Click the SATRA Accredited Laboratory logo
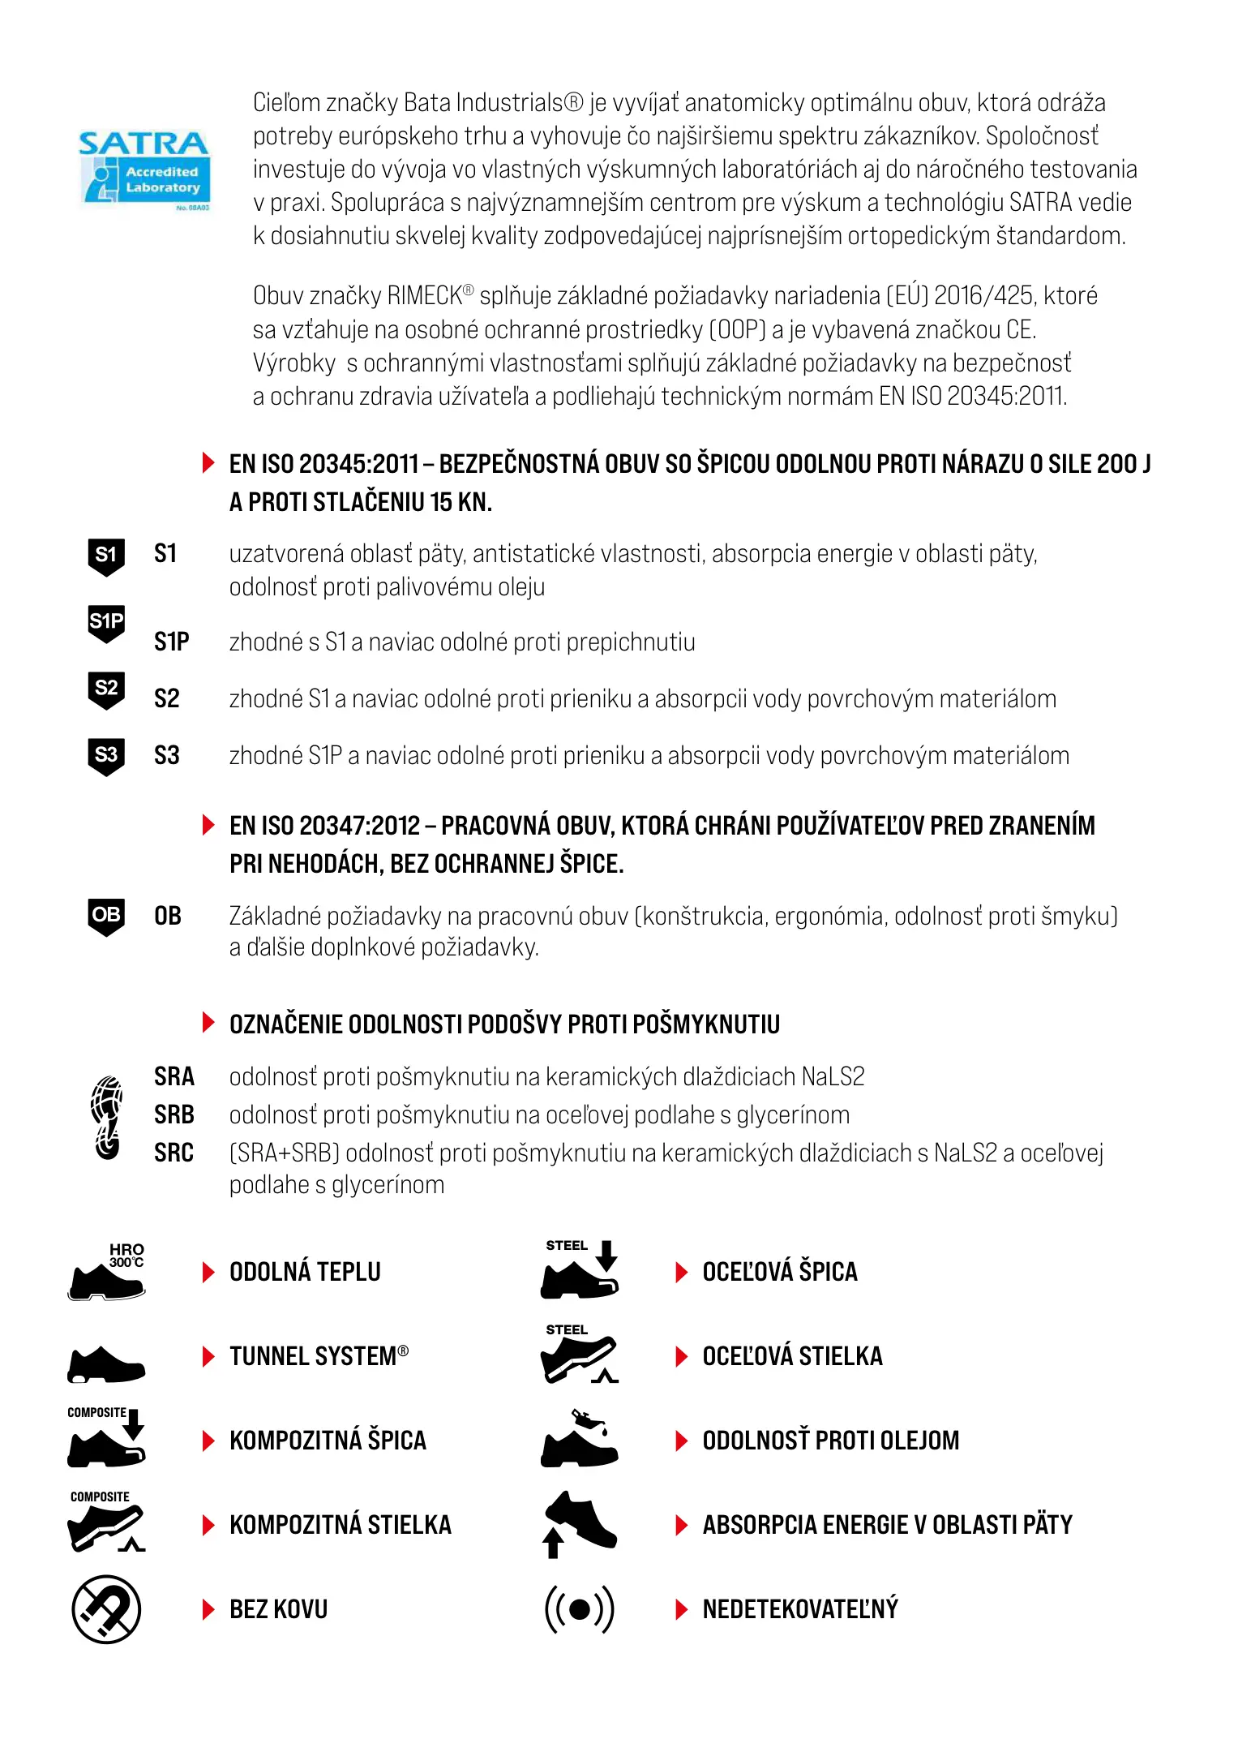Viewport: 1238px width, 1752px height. click(144, 171)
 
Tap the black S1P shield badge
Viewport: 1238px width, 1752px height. click(106, 624)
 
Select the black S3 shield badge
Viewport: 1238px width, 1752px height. click(106, 756)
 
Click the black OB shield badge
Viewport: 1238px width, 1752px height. click(106, 916)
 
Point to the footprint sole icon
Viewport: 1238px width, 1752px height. click(107, 1117)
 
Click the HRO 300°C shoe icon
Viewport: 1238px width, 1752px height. click(107, 1271)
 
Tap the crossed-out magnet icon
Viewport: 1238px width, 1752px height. click(106, 1609)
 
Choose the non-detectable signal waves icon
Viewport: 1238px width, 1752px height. click(580, 1608)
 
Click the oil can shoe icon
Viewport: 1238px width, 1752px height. click(580, 1439)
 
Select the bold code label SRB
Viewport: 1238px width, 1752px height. click(174, 1115)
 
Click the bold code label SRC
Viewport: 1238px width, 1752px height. click(174, 1153)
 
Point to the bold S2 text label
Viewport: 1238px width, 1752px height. click(167, 698)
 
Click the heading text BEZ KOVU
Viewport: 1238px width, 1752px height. click(279, 1609)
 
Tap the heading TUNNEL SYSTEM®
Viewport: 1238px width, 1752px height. click(319, 1356)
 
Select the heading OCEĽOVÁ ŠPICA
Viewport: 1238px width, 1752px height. click(780, 1272)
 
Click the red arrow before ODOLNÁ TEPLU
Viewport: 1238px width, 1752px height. click(208, 1272)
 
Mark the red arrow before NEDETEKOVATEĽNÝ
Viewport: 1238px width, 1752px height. click(682, 1609)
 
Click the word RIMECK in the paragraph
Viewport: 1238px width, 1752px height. click(425, 296)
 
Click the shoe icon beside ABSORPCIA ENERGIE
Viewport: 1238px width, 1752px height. click(580, 1523)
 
